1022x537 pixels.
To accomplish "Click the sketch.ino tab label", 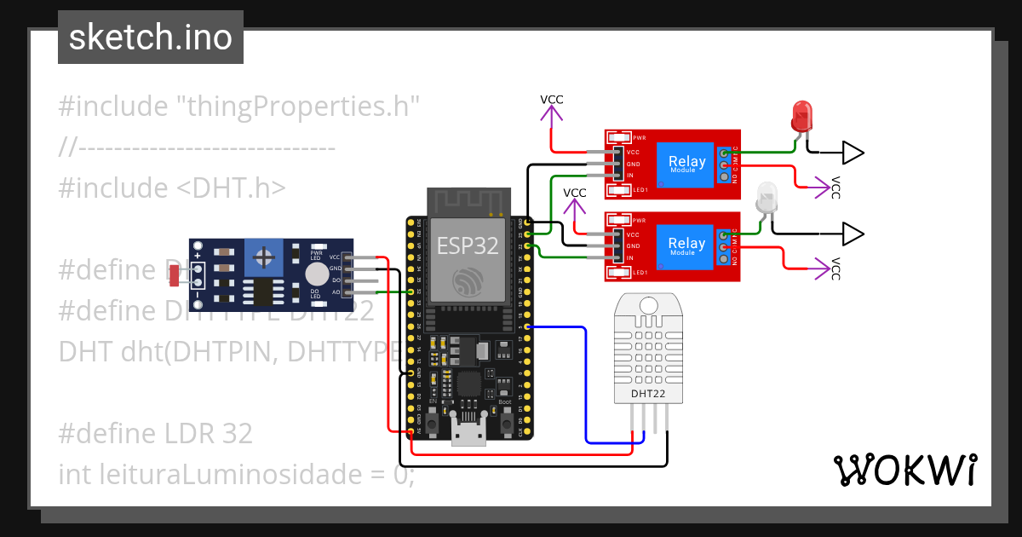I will tap(150, 38).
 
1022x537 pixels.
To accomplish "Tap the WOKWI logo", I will tap(904, 470).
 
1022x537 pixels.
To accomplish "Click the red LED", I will tap(801, 116).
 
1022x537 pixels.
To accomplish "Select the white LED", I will tap(767, 198).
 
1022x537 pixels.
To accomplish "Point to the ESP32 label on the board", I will tap(468, 246).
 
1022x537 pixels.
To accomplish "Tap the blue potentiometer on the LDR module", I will tap(265, 257).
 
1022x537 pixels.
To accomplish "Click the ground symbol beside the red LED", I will tap(852, 153).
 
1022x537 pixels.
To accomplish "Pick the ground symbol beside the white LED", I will tap(852, 234).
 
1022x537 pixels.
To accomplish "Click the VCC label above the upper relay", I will tap(552, 100).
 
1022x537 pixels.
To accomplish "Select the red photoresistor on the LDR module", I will tap(174, 275).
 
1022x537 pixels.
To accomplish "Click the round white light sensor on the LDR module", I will tap(316, 274).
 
